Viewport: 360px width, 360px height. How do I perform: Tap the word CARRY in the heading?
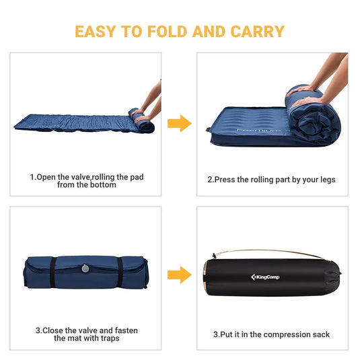[257, 32]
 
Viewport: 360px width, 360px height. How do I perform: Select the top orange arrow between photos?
[179, 123]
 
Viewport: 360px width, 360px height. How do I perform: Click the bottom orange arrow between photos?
[179, 275]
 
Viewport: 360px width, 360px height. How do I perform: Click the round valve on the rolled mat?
[85, 268]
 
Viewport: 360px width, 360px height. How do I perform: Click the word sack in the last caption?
[320, 334]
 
